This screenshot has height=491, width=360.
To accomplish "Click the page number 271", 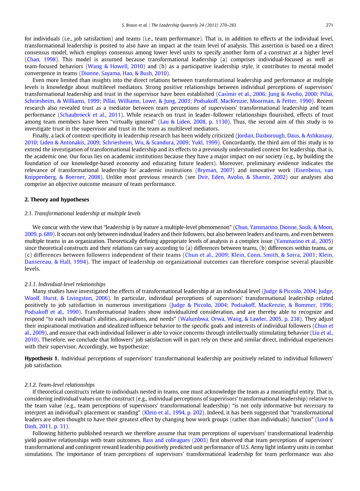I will click(x=329, y=24).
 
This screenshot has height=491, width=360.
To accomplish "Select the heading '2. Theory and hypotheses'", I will click(x=57, y=199).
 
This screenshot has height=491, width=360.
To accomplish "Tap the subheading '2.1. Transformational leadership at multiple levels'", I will click(x=82, y=213).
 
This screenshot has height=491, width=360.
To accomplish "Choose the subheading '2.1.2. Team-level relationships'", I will click(x=60, y=385).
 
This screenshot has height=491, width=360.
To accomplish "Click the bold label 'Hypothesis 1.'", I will click(x=42, y=358).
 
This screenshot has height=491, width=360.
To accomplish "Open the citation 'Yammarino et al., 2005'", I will click(x=304, y=241).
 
